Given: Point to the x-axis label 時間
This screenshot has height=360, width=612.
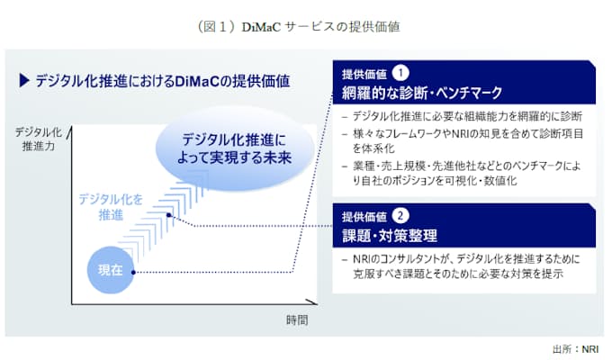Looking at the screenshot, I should pyautogui.click(x=297, y=319).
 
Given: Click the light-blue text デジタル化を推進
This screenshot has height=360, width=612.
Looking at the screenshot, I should pyautogui.click(x=106, y=205).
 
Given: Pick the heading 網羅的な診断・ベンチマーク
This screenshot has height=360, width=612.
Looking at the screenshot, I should pyautogui.click(x=420, y=92).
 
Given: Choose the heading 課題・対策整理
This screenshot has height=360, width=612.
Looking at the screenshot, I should pyautogui.click(x=390, y=236).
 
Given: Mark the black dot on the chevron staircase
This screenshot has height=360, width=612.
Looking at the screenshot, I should pyautogui.click(x=168, y=214).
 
